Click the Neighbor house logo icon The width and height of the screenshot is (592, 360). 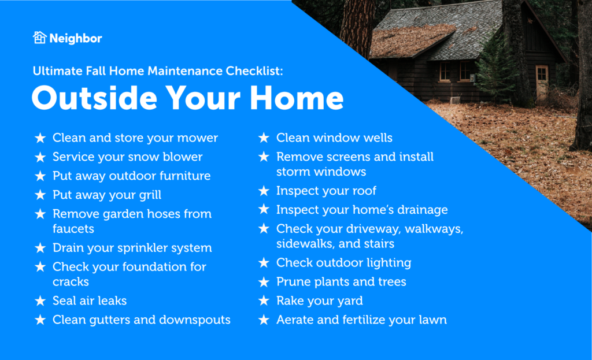click(39, 38)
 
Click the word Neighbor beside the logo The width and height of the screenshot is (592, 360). click(75, 39)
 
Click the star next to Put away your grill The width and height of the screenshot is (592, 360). click(40, 195)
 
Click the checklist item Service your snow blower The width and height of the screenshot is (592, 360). click(127, 157)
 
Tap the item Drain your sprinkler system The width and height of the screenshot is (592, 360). click(132, 248)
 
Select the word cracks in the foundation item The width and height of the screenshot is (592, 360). click(71, 282)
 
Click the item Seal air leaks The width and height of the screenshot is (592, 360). click(89, 301)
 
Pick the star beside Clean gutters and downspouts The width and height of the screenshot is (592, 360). click(40, 320)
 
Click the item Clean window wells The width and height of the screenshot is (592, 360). click(334, 138)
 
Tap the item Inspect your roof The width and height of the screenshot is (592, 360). click(326, 191)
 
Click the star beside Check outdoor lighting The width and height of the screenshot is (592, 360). click(264, 263)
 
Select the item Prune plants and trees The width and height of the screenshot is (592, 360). click(341, 282)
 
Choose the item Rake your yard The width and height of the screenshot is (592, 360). click(319, 301)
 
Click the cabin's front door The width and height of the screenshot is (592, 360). click(541, 82)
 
